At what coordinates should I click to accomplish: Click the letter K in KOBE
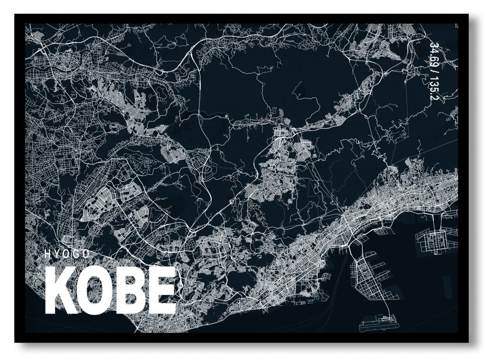pyautogui.click(x=61, y=290)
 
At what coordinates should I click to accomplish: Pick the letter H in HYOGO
pyautogui.click(x=47, y=253)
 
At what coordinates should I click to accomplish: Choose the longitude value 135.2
pyautogui.click(x=433, y=89)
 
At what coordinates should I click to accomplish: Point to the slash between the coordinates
pyautogui.click(x=433, y=71)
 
